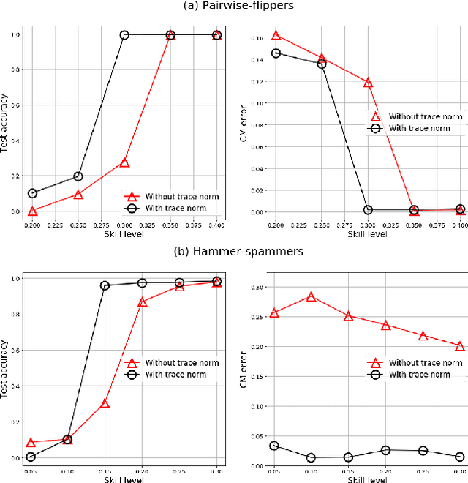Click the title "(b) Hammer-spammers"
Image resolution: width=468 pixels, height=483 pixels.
pos(233,252)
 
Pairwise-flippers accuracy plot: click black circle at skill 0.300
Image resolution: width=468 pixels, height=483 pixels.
pos(124,35)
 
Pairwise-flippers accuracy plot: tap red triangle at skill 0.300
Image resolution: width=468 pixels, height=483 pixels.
pos(124,162)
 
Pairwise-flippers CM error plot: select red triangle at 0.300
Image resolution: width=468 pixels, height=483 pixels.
pos(369,83)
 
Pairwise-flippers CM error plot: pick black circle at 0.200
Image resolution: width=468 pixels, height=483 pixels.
pos(276,53)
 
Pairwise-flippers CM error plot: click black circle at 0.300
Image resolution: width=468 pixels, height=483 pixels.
pos(369,210)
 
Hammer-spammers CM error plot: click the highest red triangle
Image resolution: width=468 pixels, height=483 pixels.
pos(312,297)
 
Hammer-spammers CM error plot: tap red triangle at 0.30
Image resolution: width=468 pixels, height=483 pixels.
pos(459,346)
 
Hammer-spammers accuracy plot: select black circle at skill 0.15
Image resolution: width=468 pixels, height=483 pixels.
pos(105,285)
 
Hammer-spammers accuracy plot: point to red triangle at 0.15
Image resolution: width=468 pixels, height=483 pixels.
pos(105,403)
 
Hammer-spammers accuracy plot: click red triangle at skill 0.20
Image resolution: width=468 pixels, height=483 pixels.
pos(143,302)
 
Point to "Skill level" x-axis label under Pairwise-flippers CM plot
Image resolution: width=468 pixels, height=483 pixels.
pos(367,234)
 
